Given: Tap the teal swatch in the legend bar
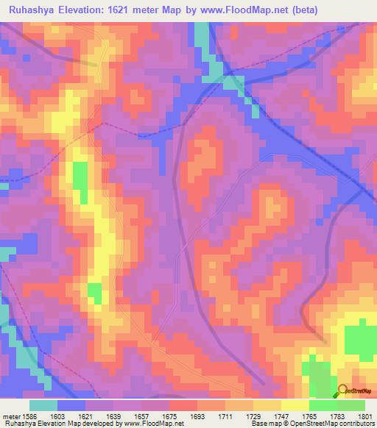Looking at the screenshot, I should (43, 405).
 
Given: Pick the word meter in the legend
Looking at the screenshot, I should (10, 416).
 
